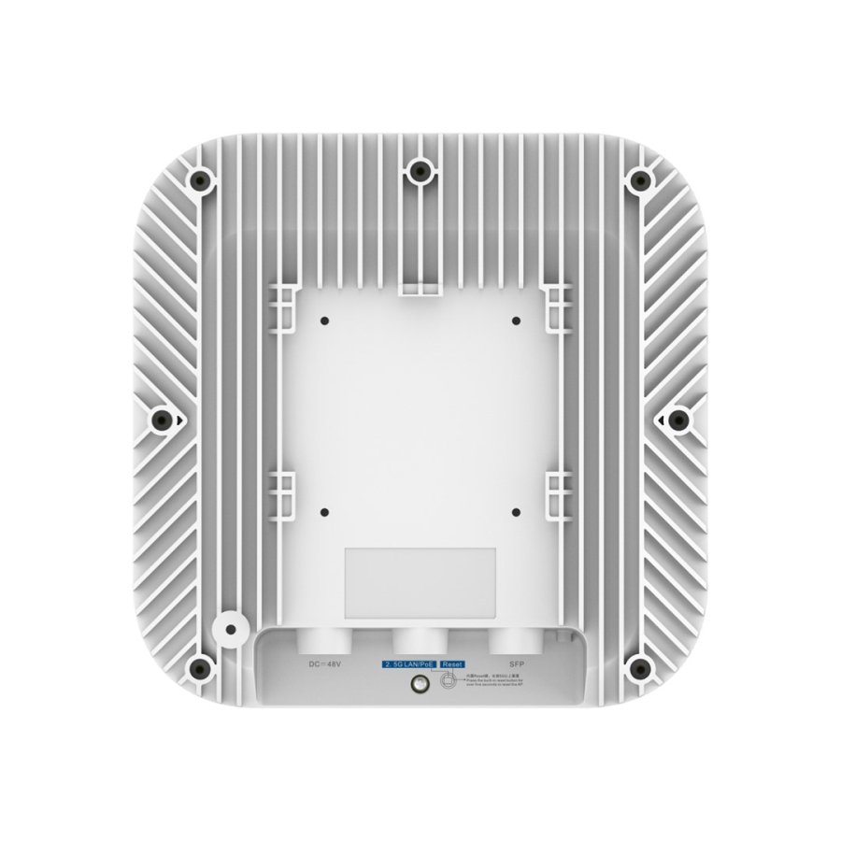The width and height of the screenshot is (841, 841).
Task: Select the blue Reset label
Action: (x=452, y=663)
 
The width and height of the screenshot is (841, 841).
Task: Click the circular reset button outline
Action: (x=449, y=683)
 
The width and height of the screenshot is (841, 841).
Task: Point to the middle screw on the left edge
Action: (x=160, y=420)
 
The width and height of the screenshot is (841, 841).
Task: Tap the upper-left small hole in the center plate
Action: (x=323, y=321)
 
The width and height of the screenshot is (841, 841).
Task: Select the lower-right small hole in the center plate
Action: (x=516, y=512)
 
